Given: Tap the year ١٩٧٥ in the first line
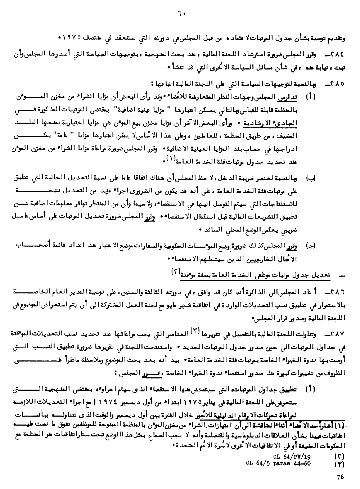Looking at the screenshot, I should tap(72, 37).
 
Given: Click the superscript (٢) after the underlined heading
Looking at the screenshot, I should tap(174, 273).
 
